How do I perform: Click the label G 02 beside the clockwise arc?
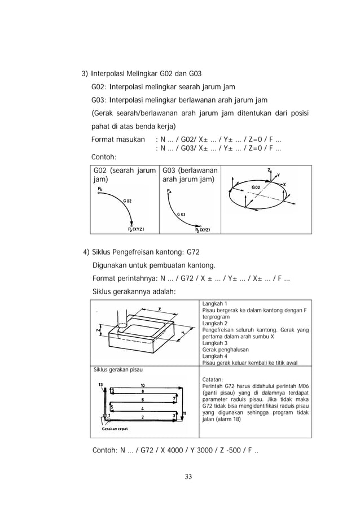128,200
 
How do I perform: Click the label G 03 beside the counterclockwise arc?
182,214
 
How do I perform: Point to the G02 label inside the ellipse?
256,187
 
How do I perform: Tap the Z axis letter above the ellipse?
270,169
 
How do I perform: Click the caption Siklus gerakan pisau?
117,370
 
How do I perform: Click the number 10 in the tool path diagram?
142,386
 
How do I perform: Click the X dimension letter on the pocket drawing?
160,309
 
